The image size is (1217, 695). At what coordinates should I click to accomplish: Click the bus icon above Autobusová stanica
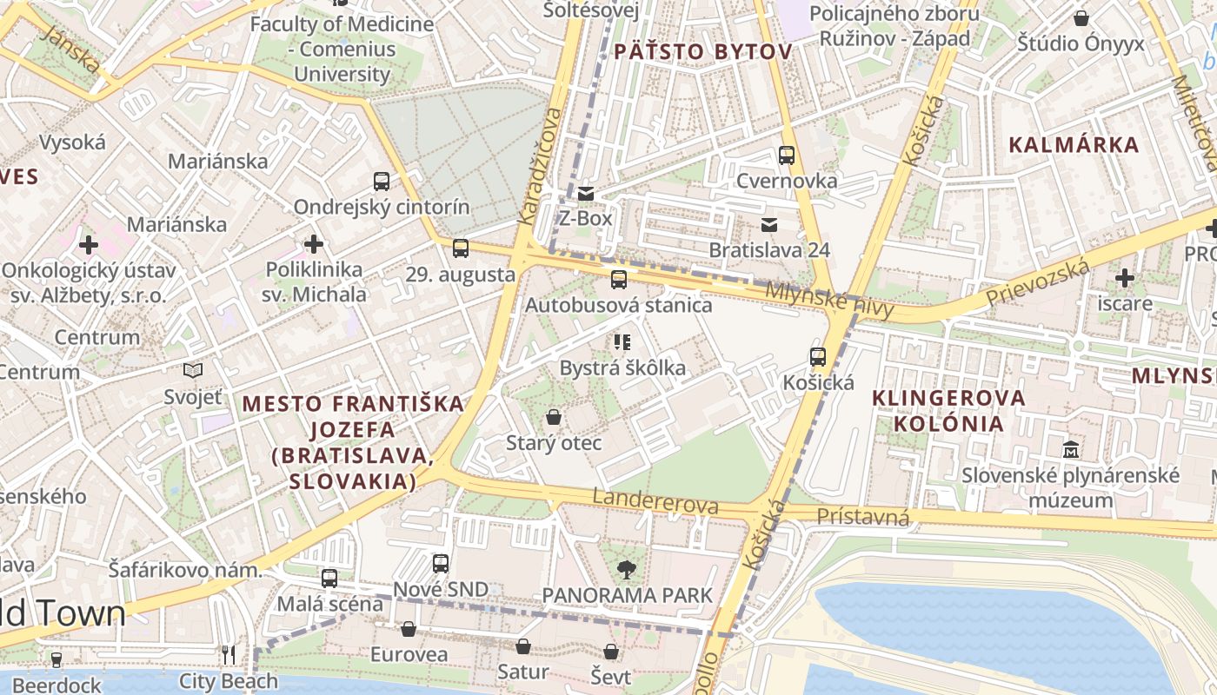coord(618,280)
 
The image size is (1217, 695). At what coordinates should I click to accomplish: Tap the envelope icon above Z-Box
coord(586,193)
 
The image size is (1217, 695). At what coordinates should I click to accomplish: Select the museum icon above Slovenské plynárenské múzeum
coord(1071,450)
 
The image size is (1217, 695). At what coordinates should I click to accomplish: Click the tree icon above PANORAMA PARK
coord(625,570)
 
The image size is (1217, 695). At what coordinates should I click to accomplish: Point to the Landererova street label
coord(655,501)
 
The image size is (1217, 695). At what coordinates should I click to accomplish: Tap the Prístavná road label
coord(862,517)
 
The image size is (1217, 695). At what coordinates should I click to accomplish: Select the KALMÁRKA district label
coord(1073,145)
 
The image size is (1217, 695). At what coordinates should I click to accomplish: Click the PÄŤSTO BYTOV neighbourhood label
coord(702,52)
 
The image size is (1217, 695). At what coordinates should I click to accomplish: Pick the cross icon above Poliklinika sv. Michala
coord(313,244)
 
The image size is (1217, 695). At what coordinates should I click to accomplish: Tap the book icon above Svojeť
coord(193,371)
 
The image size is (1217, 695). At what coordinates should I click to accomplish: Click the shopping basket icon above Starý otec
coord(554,418)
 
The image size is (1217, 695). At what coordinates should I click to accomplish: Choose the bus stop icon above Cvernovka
coord(786,156)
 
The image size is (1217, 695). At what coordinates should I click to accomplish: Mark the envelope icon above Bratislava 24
coord(768,225)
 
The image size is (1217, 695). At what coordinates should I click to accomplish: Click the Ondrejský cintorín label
coord(381,207)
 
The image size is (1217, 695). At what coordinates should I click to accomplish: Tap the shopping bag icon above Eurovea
coord(408,629)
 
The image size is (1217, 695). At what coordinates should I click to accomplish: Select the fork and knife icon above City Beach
coord(229,655)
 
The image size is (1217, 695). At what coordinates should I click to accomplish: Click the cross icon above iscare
coord(1124,278)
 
